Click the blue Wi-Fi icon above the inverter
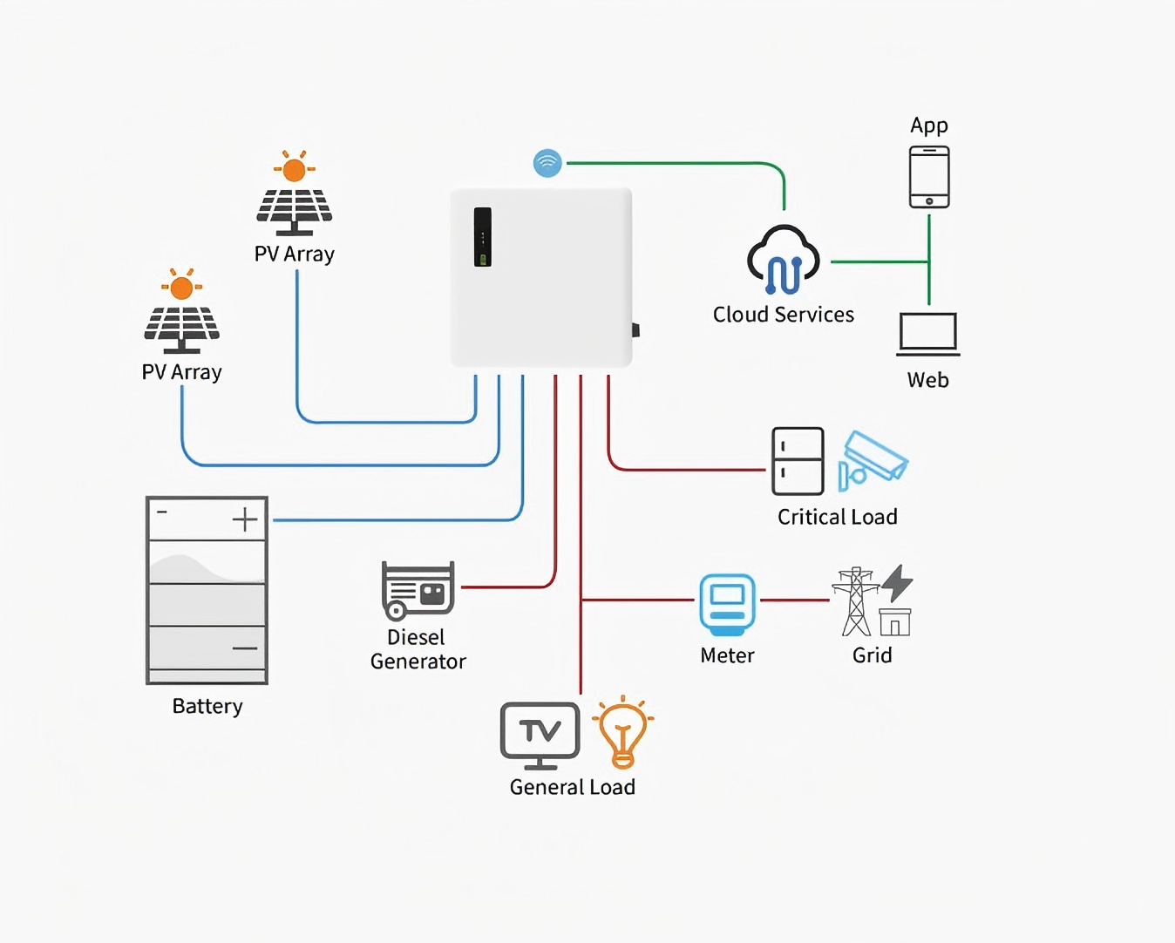(547, 163)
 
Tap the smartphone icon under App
(928, 177)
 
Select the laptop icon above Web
(927, 334)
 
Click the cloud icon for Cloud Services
(784, 260)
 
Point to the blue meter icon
(727, 605)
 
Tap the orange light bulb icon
(623, 732)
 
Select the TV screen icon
(540, 736)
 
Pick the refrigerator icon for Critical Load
(798, 461)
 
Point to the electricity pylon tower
(856, 601)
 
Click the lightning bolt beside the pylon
(897, 583)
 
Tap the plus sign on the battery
(245, 519)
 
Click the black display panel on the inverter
(483, 237)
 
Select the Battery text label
(207, 706)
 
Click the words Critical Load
(837, 517)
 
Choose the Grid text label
(872, 655)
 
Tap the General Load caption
(572, 787)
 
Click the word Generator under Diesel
(418, 661)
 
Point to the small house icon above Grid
(895, 622)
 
